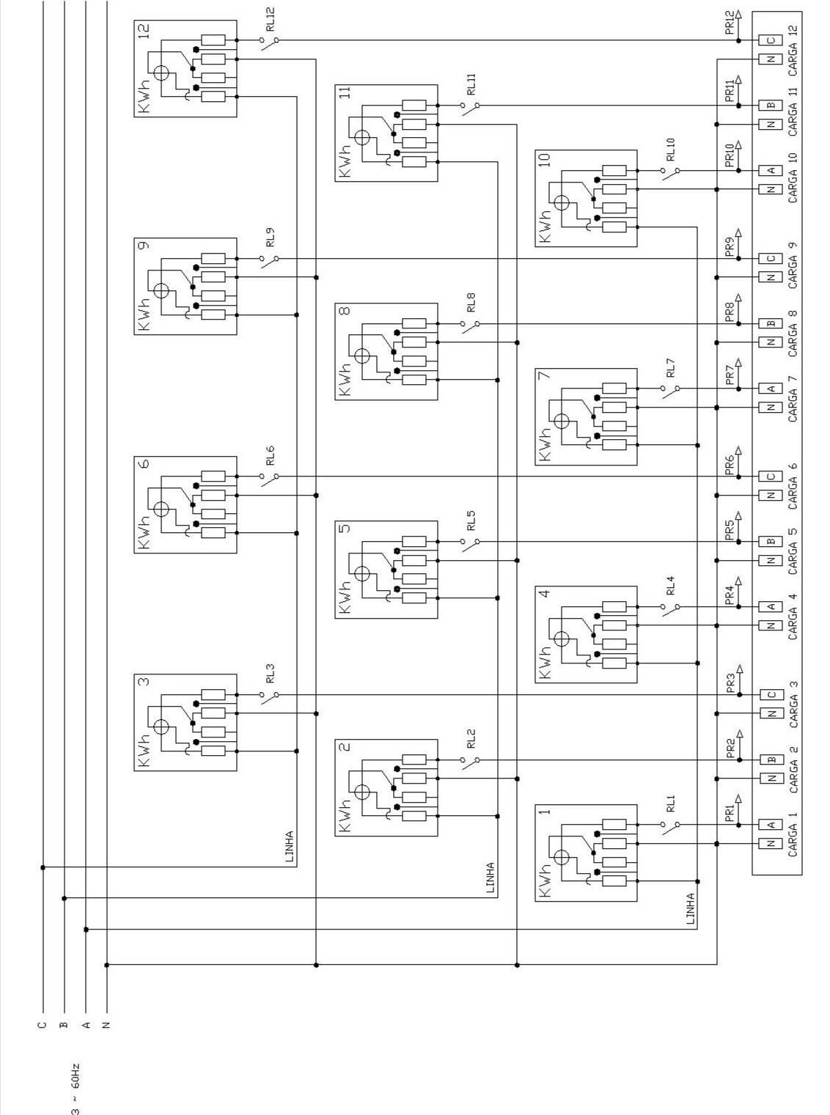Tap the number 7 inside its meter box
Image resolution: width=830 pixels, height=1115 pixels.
pyautogui.click(x=544, y=375)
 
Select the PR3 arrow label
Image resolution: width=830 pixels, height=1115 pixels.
pyautogui.click(x=730, y=683)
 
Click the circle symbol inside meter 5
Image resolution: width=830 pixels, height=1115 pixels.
pyautogui.click(x=361, y=574)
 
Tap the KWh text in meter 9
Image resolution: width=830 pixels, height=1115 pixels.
pyautogui.click(x=144, y=314)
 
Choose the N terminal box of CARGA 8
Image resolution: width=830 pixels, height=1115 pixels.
pyautogui.click(x=770, y=342)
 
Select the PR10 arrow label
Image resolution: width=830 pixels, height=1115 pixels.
pyautogui.click(x=730, y=156)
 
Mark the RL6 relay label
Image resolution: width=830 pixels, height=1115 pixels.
pyautogui.click(x=271, y=455)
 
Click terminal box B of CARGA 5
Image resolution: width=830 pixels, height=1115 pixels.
pyautogui.click(x=770, y=542)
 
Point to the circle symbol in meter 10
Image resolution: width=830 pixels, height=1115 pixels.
pyautogui.click(x=562, y=203)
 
